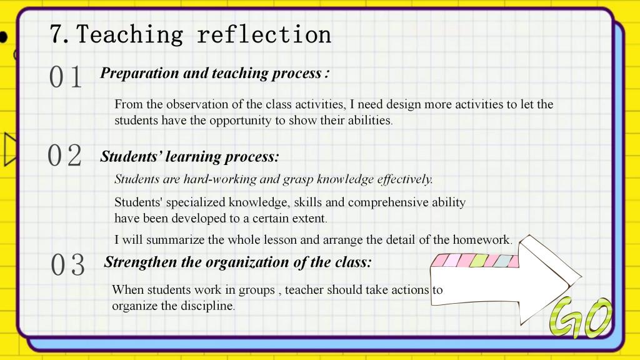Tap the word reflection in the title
click(x=264, y=34)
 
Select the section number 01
click(x=65, y=77)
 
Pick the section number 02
click(x=64, y=156)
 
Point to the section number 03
click(x=67, y=264)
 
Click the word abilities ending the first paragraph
click(x=370, y=120)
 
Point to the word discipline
click(x=207, y=306)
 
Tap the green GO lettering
click(x=581, y=318)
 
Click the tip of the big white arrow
click(x=581, y=276)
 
